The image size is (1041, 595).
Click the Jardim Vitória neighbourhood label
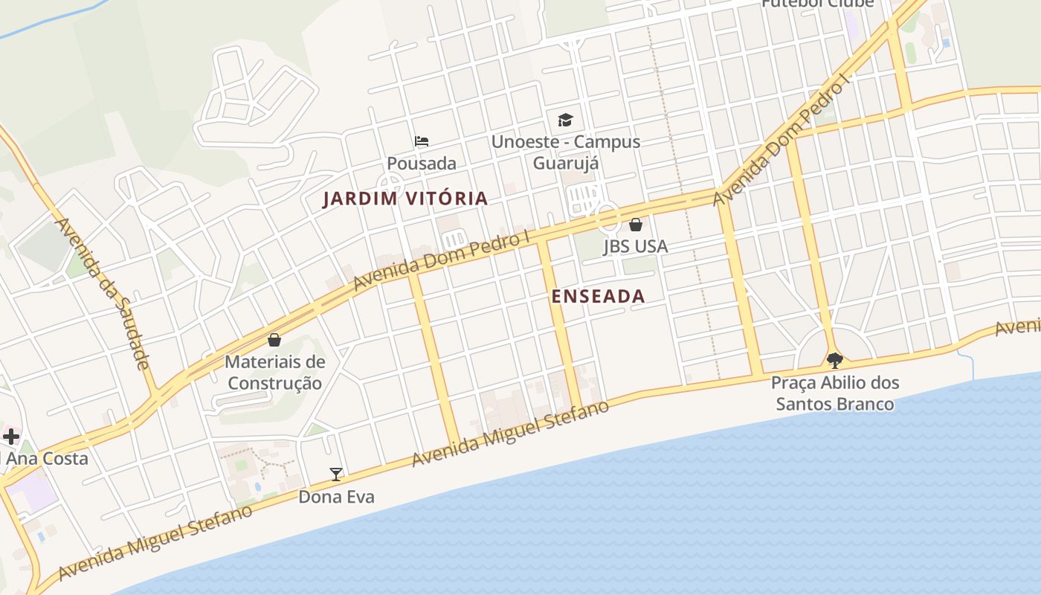[405, 199]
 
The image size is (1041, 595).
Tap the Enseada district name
[598, 296]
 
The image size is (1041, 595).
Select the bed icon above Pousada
[422, 141]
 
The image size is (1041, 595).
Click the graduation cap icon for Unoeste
[565, 120]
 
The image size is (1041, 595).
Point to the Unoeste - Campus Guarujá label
[566, 152]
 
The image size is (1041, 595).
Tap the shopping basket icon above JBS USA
[636, 225]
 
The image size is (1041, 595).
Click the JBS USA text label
[635, 246]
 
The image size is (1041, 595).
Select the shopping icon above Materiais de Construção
[274, 340]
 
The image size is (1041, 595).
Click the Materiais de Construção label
[275, 373]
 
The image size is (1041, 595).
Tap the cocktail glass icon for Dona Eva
[336, 474]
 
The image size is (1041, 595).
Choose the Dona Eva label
[336, 496]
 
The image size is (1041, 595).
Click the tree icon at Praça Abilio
[834, 361]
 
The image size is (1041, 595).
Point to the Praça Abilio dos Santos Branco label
[834, 393]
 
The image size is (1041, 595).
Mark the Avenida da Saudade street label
[103, 293]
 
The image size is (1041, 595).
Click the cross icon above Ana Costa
[11, 436]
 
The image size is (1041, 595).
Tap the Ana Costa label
[47, 458]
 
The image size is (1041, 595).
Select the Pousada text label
[422, 163]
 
